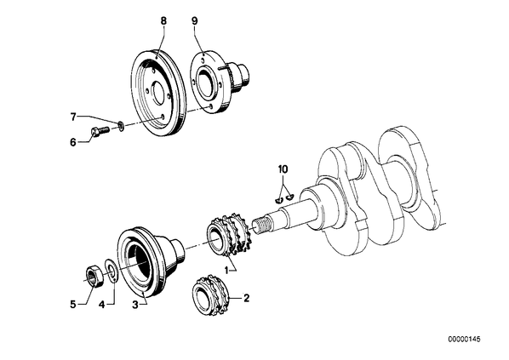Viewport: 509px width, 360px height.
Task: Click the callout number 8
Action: pyautogui.click(x=163, y=21)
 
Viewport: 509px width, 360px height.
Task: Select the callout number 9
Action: pyautogui.click(x=194, y=21)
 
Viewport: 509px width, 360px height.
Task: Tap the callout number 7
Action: pyautogui.click(x=73, y=117)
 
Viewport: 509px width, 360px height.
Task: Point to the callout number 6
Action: pyautogui.click(x=73, y=142)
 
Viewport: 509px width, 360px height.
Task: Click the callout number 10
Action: pyautogui.click(x=283, y=169)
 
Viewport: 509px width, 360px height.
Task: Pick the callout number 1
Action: pyautogui.click(x=226, y=270)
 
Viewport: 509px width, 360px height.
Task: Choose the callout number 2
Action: pyautogui.click(x=246, y=297)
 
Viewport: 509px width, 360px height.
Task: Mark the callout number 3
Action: pyautogui.click(x=135, y=305)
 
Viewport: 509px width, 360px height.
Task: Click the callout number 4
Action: pyautogui.click(x=102, y=305)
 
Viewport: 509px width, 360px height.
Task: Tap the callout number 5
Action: pyautogui.click(x=73, y=305)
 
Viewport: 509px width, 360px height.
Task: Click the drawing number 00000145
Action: pyautogui.click(x=464, y=340)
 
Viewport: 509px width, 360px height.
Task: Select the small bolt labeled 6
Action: pyautogui.click(x=99, y=132)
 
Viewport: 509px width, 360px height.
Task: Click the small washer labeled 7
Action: pyautogui.click(x=121, y=126)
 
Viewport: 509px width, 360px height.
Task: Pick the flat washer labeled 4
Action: pyautogui.click(x=112, y=270)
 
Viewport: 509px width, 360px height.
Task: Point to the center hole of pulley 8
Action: pyautogui.click(x=158, y=89)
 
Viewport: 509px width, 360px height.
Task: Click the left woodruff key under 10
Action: pyautogui.click(x=278, y=201)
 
